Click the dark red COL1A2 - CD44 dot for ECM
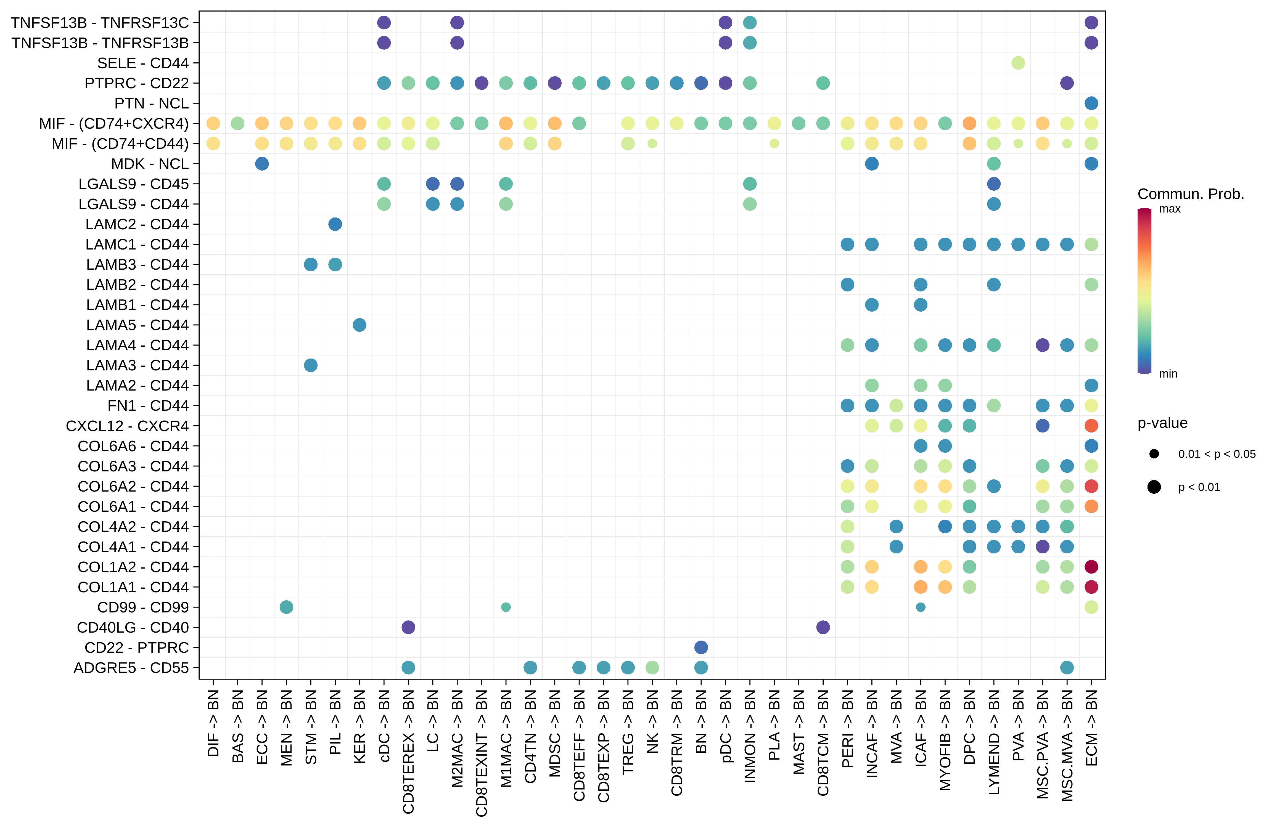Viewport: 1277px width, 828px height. pyautogui.click(x=1091, y=567)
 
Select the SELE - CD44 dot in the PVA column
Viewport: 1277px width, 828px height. pyautogui.click(x=1018, y=63)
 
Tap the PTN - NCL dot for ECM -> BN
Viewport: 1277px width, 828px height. pyautogui.click(x=1091, y=103)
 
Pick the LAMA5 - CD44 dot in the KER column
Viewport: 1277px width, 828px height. pyautogui.click(x=359, y=325)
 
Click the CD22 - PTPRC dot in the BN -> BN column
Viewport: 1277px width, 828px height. pyautogui.click(x=701, y=647)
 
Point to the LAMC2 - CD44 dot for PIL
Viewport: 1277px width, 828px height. pyautogui.click(x=335, y=224)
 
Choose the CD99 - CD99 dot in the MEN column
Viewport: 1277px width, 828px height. pyautogui.click(x=286, y=607)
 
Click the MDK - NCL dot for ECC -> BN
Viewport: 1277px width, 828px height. pyautogui.click(x=262, y=164)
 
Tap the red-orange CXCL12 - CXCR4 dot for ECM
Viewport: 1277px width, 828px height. pyautogui.click(x=1091, y=426)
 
